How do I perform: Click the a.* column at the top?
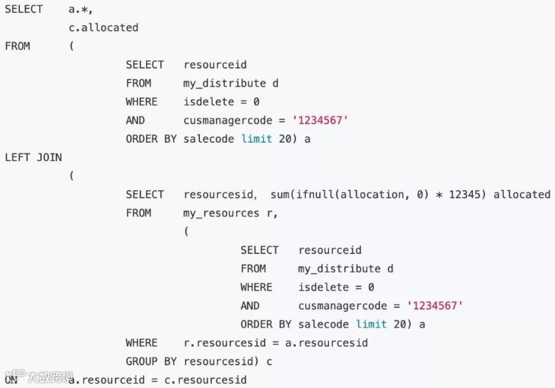tap(79, 9)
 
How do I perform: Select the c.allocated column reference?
tap(103, 28)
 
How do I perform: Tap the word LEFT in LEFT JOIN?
tap(18, 157)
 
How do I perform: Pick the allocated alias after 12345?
tap(522, 194)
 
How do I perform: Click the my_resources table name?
tap(221, 213)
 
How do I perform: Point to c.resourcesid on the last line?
tap(206, 379)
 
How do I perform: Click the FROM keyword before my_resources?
tap(139, 213)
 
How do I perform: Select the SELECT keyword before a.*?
tap(23, 9)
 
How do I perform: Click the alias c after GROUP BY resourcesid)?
tap(269, 361)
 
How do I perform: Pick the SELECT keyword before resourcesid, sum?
tap(145, 194)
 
